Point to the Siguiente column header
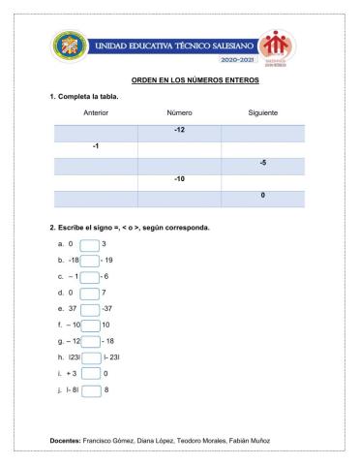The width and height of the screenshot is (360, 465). (x=263, y=113)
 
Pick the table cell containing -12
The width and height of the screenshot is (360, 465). (x=179, y=130)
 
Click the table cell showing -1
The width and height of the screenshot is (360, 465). (x=95, y=146)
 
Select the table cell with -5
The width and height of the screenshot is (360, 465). (x=263, y=163)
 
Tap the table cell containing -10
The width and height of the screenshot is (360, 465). (x=179, y=179)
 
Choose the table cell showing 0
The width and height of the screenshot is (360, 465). (x=263, y=196)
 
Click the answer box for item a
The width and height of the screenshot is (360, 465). (x=89, y=244)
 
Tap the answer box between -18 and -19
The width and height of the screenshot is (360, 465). (x=90, y=260)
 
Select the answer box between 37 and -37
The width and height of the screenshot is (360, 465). (x=90, y=309)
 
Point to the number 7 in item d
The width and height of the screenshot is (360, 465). (x=104, y=293)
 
